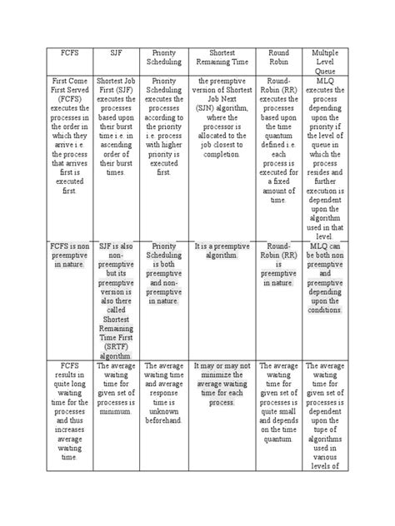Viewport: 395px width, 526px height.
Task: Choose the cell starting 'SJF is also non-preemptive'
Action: click(117, 290)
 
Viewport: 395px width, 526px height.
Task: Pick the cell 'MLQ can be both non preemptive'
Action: click(325, 274)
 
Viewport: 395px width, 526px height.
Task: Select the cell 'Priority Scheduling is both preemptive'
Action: click(164, 274)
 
